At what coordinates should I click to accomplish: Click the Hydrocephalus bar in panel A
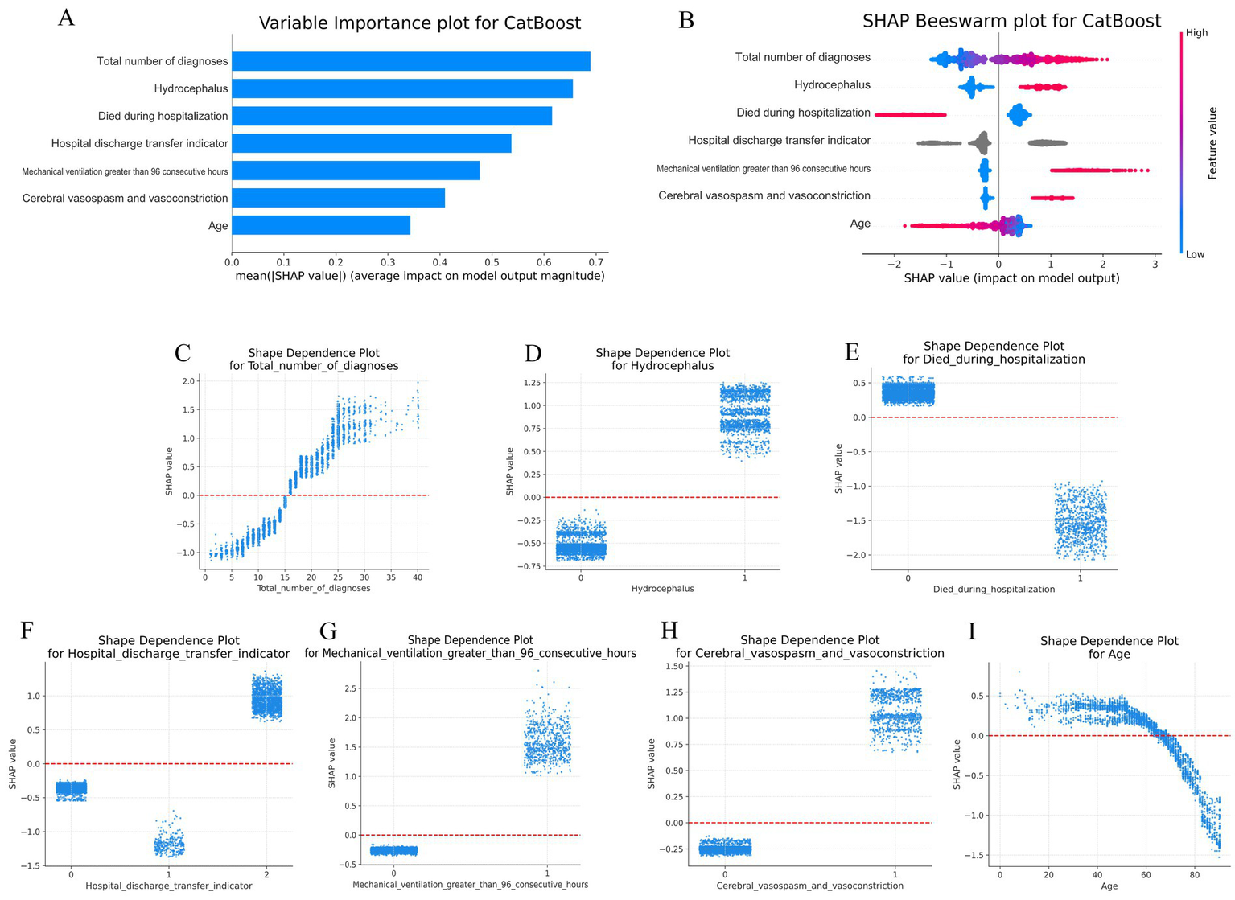click(402, 88)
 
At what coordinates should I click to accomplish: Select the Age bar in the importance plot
click(321, 225)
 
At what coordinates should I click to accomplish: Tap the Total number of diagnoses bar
click(411, 61)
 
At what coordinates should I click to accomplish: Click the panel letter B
click(685, 20)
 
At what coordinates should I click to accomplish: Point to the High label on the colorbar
click(1196, 33)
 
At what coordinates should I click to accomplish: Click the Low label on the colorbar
click(1195, 254)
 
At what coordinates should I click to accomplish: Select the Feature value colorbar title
click(1212, 143)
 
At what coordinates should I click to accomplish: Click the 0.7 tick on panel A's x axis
click(595, 262)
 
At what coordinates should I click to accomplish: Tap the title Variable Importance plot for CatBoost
click(419, 23)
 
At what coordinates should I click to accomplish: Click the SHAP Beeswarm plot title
click(1011, 22)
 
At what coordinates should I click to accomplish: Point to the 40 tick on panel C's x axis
click(417, 577)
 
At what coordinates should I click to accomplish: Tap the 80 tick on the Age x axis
click(1194, 875)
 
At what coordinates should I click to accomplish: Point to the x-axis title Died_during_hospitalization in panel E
click(994, 590)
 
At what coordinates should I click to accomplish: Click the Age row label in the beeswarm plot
click(860, 224)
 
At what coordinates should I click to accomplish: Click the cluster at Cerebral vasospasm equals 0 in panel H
click(725, 848)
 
